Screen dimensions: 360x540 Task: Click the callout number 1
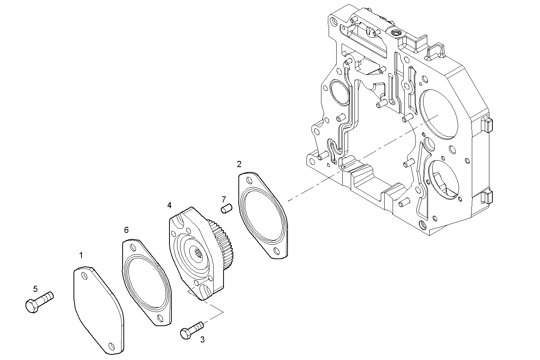tap(81, 255)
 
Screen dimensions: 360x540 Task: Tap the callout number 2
tap(239, 164)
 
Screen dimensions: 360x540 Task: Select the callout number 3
tap(202, 339)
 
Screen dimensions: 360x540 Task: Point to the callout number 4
tap(169, 205)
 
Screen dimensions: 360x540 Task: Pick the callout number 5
tap(35, 289)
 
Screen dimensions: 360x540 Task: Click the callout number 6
tap(126, 229)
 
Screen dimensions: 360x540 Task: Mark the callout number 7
tap(224, 199)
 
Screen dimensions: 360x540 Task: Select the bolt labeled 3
tap(192, 330)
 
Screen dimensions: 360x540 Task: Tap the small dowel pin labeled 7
tap(227, 209)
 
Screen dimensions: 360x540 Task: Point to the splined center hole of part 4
tap(199, 254)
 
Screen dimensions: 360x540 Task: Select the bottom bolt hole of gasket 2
tap(275, 250)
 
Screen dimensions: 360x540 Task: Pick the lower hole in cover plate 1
tap(111, 346)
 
